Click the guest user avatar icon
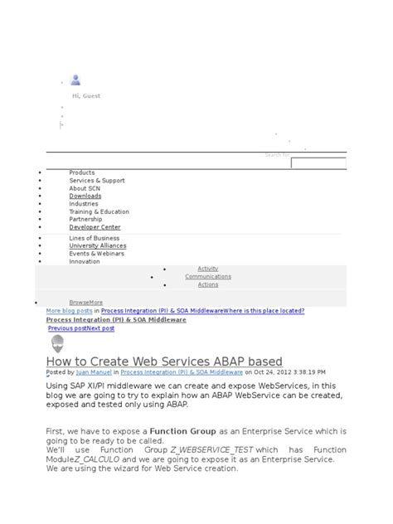(x=76, y=80)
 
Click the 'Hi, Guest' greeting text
(x=86, y=96)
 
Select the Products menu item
(x=82, y=172)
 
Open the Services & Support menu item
(x=97, y=180)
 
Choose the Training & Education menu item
(x=99, y=211)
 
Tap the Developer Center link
(x=95, y=226)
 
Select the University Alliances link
(x=98, y=245)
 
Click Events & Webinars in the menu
(x=97, y=254)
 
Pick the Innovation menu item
(x=85, y=261)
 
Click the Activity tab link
(x=208, y=269)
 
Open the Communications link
(x=208, y=277)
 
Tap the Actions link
(x=208, y=284)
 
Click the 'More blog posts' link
(x=68, y=311)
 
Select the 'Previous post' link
(x=67, y=328)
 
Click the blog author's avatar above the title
(x=56, y=344)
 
